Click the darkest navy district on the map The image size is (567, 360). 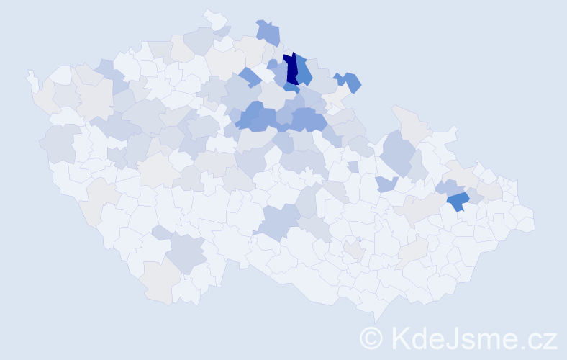[291, 70]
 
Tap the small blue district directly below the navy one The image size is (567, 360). [291, 89]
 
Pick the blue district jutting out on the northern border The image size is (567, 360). [268, 33]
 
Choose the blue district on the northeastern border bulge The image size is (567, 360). [351, 82]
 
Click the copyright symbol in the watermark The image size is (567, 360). [371, 338]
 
